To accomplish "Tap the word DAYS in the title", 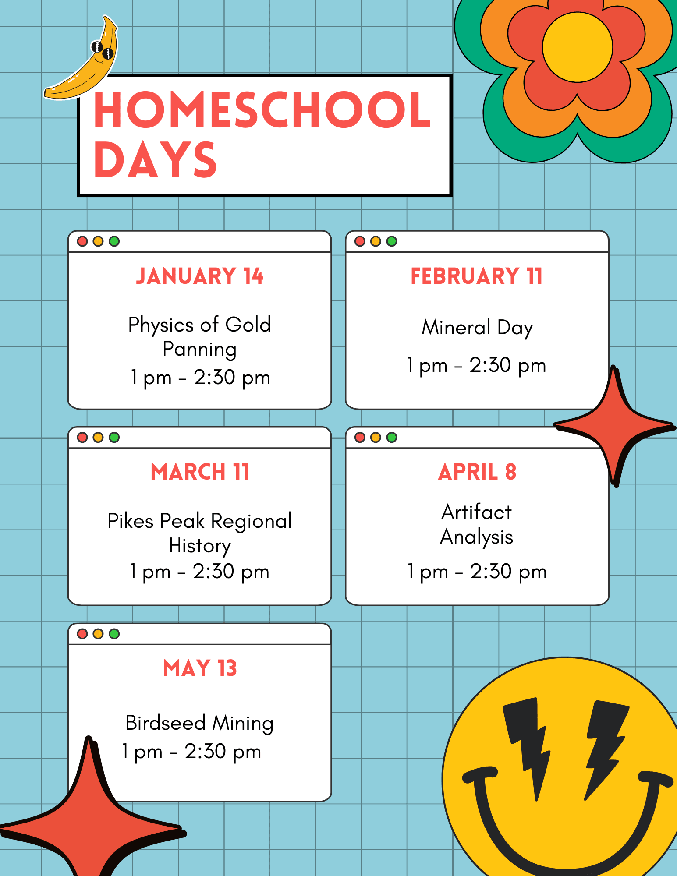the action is coord(155,160).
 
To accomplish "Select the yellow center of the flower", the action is coord(577,47).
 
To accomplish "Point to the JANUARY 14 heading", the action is coord(200,276).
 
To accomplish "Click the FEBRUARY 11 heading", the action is coord(477,276).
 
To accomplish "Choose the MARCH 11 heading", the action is coord(200,472).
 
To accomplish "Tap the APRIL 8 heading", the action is coord(477,472).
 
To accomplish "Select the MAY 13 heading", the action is coord(200,668).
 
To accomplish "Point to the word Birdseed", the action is coord(166,723).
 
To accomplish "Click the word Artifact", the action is coord(477,512).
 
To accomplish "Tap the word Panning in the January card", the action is coord(200,350).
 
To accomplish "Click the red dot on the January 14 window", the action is coord(82,241).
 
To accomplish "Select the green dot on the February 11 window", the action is coord(392,241).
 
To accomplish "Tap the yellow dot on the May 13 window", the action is coord(98,634).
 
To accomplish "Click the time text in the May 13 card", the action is coord(191,752).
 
